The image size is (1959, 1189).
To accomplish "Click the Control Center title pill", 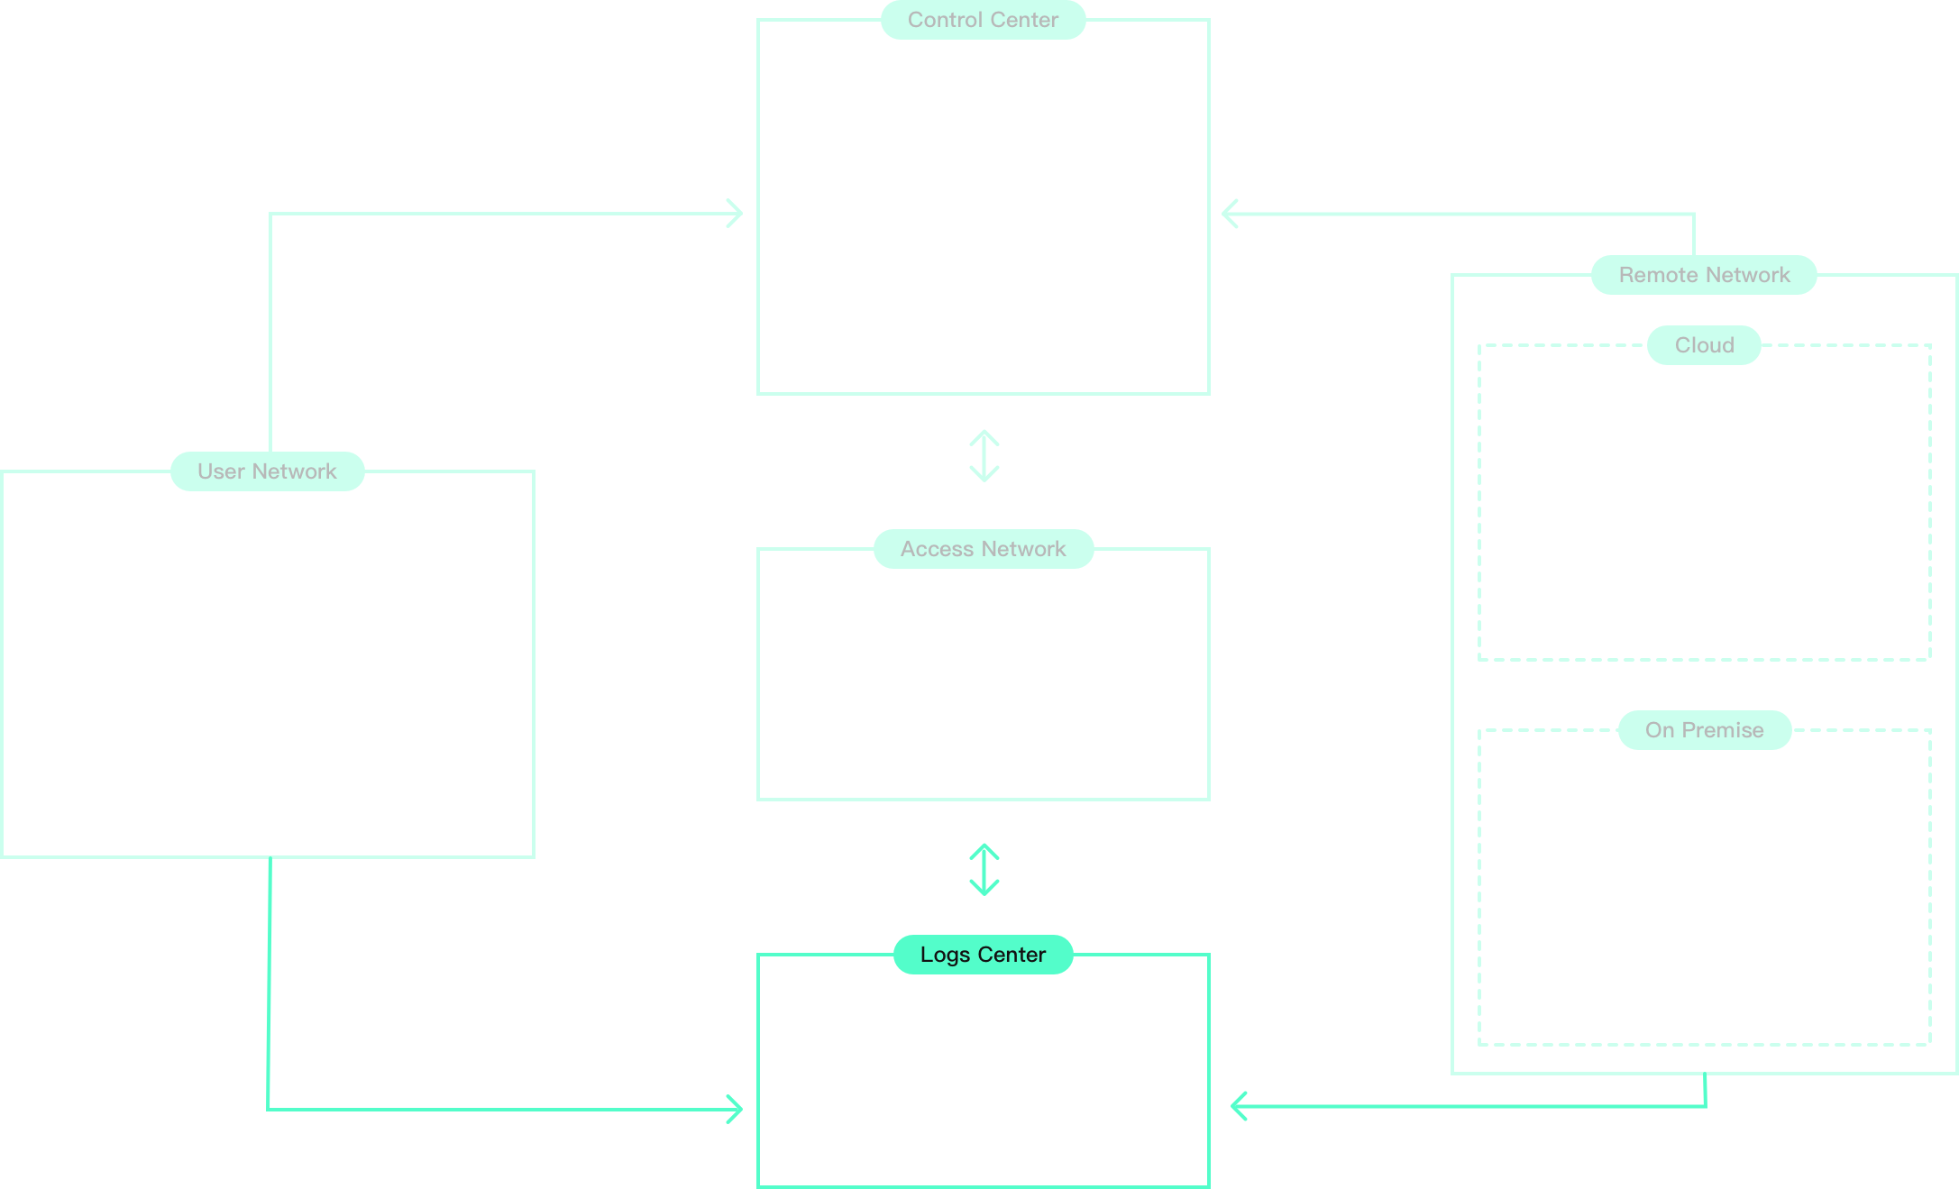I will [x=983, y=20].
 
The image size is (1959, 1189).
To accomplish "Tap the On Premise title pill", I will [x=1704, y=730].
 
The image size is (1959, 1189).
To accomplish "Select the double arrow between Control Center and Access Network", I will [x=984, y=456].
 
